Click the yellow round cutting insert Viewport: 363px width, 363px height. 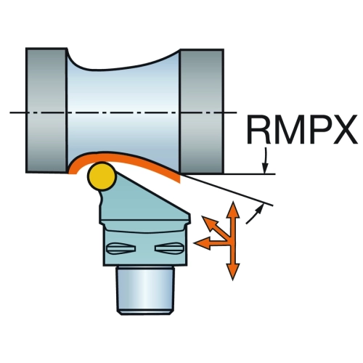pos(102,176)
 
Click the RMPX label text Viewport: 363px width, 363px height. pos(302,129)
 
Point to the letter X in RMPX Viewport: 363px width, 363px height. pos(345,129)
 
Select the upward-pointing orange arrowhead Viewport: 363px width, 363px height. pos(233,209)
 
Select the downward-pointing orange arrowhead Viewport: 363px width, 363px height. pos(233,272)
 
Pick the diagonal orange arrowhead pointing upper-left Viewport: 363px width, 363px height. pos(208,223)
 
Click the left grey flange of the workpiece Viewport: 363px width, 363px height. pos(46,110)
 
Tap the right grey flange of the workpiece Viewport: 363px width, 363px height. pos(201,111)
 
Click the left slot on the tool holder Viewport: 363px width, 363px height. pos(121,248)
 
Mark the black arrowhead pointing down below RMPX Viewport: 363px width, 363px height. pos(266,168)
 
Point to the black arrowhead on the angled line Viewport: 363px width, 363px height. pos(259,208)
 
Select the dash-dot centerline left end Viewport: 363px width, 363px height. pos(10,113)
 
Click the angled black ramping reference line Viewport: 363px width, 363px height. pos(227,190)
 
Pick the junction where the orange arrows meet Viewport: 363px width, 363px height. pos(233,242)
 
